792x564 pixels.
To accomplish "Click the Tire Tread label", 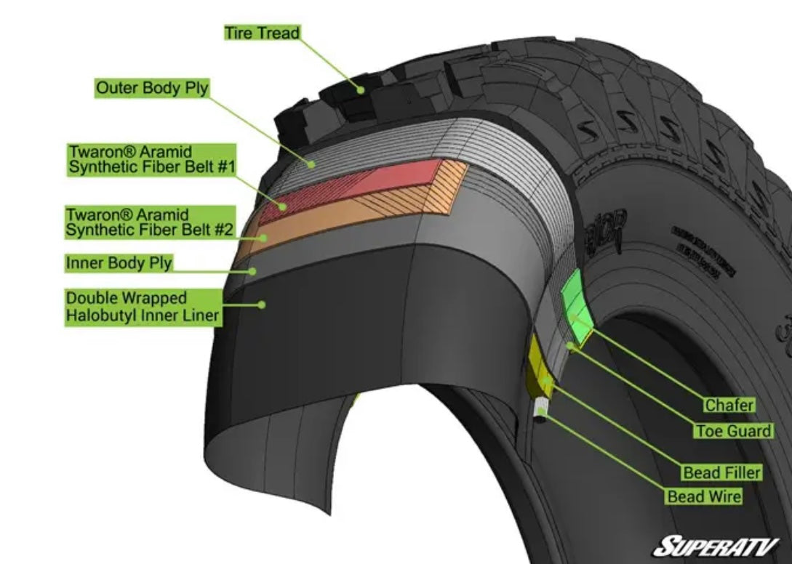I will click(261, 33).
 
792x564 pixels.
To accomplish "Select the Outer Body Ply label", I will click(152, 88).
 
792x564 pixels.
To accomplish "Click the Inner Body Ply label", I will click(119, 262).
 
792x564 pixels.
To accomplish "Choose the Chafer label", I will click(729, 405).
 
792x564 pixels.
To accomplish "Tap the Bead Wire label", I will click(704, 496).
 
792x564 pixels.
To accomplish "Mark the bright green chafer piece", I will click(577, 305).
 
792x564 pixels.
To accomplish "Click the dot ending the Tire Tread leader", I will click(360, 89).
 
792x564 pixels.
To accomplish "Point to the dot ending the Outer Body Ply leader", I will click(311, 165).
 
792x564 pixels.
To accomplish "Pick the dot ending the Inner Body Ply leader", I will click(254, 271).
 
